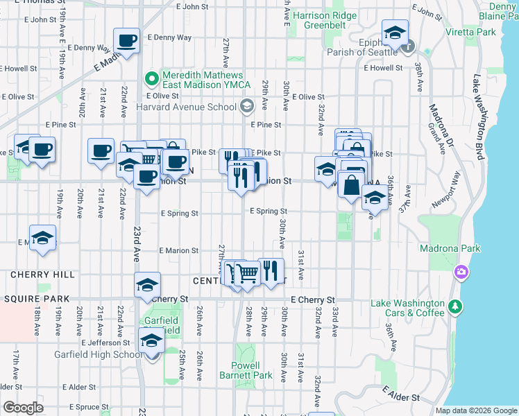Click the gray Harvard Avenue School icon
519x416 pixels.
coord(246,107)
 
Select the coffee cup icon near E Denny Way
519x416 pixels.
coord(126,41)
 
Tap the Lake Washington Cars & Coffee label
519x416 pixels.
coord(407,308)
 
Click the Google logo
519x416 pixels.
coord(22,407)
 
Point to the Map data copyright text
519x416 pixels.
coord(476,410)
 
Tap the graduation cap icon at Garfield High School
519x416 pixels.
coord(151,340)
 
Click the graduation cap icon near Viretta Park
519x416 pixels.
coord(395,33)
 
